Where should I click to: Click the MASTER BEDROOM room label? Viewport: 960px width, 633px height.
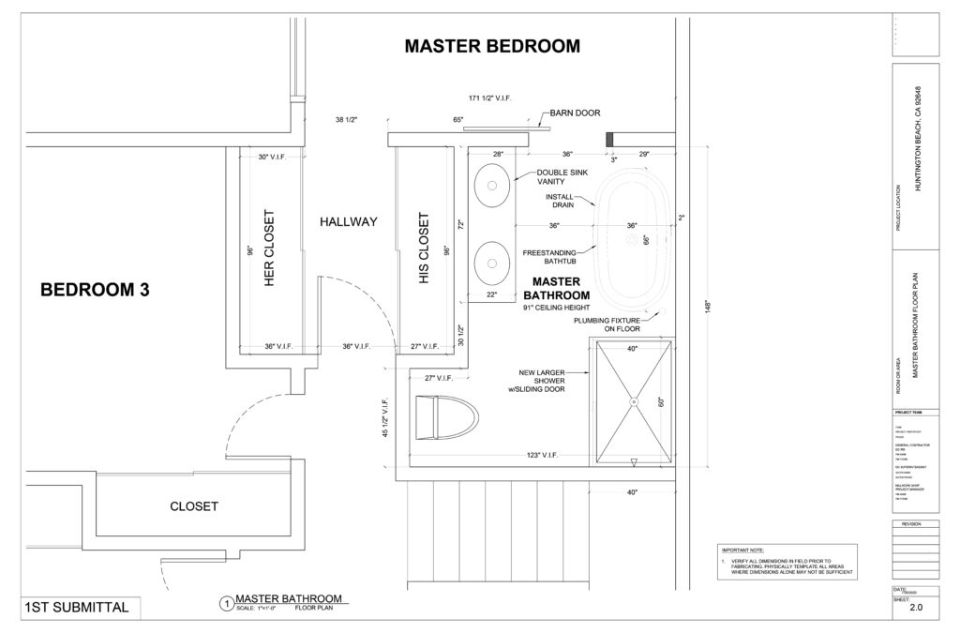[491, 46]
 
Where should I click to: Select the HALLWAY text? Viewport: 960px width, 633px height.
[348, 222]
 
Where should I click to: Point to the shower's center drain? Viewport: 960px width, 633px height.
[633, 402]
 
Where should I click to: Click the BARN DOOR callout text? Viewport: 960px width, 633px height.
[575, 113]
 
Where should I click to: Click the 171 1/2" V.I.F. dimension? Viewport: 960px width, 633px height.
[496, 98]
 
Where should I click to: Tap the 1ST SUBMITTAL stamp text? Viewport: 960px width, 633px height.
[78, 608]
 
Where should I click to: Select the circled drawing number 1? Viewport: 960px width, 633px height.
[224, 604]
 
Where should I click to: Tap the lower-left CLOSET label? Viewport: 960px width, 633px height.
[193, 505]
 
